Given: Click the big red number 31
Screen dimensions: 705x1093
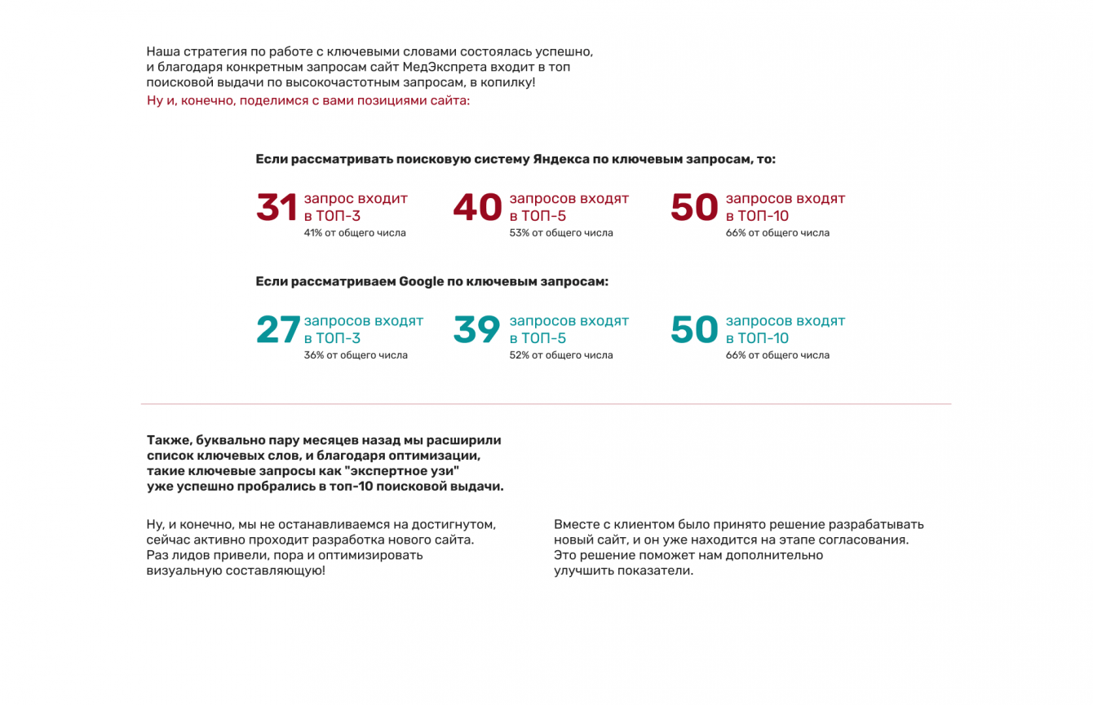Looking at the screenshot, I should pyautogui.click(x=277, y=208).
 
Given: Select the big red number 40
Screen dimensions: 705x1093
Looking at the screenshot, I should pyautogui.click(x=477, y=208).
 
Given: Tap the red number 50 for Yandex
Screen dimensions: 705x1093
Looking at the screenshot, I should pyautogui.click(x=694, y=208).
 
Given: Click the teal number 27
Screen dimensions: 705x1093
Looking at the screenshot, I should pyautogui.click(x=278, y=330).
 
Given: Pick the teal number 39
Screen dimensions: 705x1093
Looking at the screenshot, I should pyautogui.click(x=476, y=330).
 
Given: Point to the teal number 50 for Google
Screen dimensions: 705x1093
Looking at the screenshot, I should pyautogui.click(x=694, y=330).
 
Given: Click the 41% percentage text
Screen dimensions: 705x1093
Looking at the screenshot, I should pyautogui.click(x=313, y=233).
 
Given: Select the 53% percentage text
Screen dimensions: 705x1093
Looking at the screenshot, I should pyautogui.click(x=519, y=233).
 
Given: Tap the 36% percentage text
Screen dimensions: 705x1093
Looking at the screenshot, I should pyautogui.click(x=314, y=355).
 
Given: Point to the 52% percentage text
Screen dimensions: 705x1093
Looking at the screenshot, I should pyautogui.click(x=519, y=355).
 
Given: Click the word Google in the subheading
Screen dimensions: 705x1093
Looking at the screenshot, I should pyautogui.click(x=421, y=282).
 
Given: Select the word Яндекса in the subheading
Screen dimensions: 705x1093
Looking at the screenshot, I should pyautogui.click(x=560, y=160).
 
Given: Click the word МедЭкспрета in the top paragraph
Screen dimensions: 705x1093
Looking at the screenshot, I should pyautogui.click(x=445, y=67).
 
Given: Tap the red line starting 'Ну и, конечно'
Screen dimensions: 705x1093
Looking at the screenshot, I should pyautogui.click(x=308, y=101).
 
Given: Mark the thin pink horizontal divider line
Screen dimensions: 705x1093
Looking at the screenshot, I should pyautogui.click(x=546, y=403).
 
